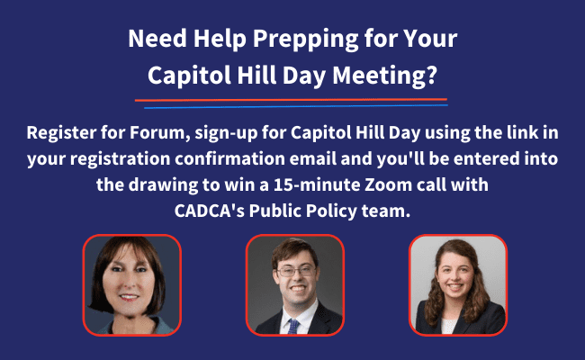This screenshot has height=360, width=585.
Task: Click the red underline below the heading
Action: point(291,100)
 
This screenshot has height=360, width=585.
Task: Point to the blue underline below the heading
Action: point(296,106)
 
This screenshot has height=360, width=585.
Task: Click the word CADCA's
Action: point(210,211)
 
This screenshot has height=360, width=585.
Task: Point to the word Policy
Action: point(331,211)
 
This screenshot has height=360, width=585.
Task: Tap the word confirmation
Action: point(229,158)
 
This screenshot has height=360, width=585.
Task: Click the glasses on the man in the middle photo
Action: point(296,271)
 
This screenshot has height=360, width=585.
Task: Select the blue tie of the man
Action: point(292,327)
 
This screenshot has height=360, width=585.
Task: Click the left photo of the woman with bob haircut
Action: point(131,285)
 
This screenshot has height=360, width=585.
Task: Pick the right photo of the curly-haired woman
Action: point(458,285)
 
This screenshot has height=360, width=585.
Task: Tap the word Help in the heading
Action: point(220,40)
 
